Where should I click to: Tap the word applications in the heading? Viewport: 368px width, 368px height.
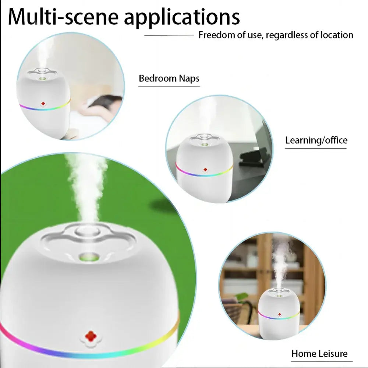[x=181, y=18]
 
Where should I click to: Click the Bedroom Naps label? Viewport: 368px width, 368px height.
[x=169, y=78]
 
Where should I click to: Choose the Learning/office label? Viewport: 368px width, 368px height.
[x=316, y=140]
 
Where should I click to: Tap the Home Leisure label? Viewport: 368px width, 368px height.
[x=319, y=354]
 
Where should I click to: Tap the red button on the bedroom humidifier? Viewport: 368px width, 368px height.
[x=43, y=104]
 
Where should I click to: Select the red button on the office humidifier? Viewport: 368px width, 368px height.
[x=205, y=170]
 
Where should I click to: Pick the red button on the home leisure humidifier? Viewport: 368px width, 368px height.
[x=279, y=315]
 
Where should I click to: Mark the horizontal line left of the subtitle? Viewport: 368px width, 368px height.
[x=169, y=35]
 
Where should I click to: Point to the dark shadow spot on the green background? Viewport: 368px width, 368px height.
[x=162, y=205]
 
